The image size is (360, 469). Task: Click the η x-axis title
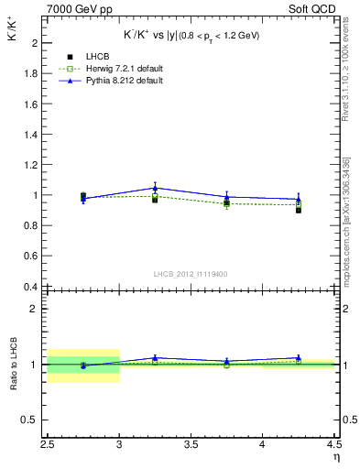click(x=335, y=458)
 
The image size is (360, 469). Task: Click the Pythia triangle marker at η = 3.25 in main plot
click(x=155, y=188)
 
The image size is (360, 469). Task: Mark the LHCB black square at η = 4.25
click(x=298, y=210)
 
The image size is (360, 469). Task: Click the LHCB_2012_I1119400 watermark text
click(x=191, y=274)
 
